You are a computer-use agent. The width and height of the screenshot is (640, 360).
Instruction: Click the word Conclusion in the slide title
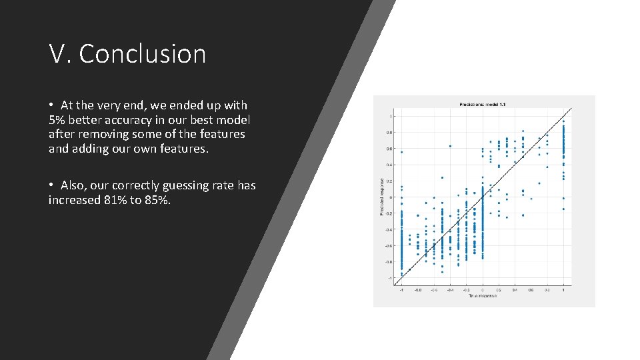[x=143, y=54]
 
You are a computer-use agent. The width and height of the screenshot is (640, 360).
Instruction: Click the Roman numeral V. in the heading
[x=61, y=54]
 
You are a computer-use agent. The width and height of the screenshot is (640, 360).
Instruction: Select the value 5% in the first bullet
[x=57, y=120]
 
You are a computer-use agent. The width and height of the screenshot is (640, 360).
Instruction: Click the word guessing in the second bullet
[x=185, y=185]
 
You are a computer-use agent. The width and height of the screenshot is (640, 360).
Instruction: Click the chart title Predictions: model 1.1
[x=484, y=105]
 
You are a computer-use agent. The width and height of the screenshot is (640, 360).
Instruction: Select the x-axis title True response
[x=483, y=296]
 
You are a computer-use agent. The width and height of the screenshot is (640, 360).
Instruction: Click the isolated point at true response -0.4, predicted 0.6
[x=450, y=146]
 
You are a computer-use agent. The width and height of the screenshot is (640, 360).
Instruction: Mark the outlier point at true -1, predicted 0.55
[x=401, y=152]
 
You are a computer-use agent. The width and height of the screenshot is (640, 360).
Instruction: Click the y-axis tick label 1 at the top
[x=391, y=117]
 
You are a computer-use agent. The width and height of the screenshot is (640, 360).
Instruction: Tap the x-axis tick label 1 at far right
[x=564, y=290]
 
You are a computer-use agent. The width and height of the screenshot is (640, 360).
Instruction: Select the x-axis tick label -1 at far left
[x=401, y=290]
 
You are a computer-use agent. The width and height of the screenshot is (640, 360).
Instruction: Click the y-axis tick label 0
[x=391, y=197]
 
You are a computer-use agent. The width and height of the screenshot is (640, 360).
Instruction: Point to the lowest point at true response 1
[x=564, y=209]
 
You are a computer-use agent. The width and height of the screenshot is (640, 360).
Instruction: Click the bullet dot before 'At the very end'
[x=51, y=105]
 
